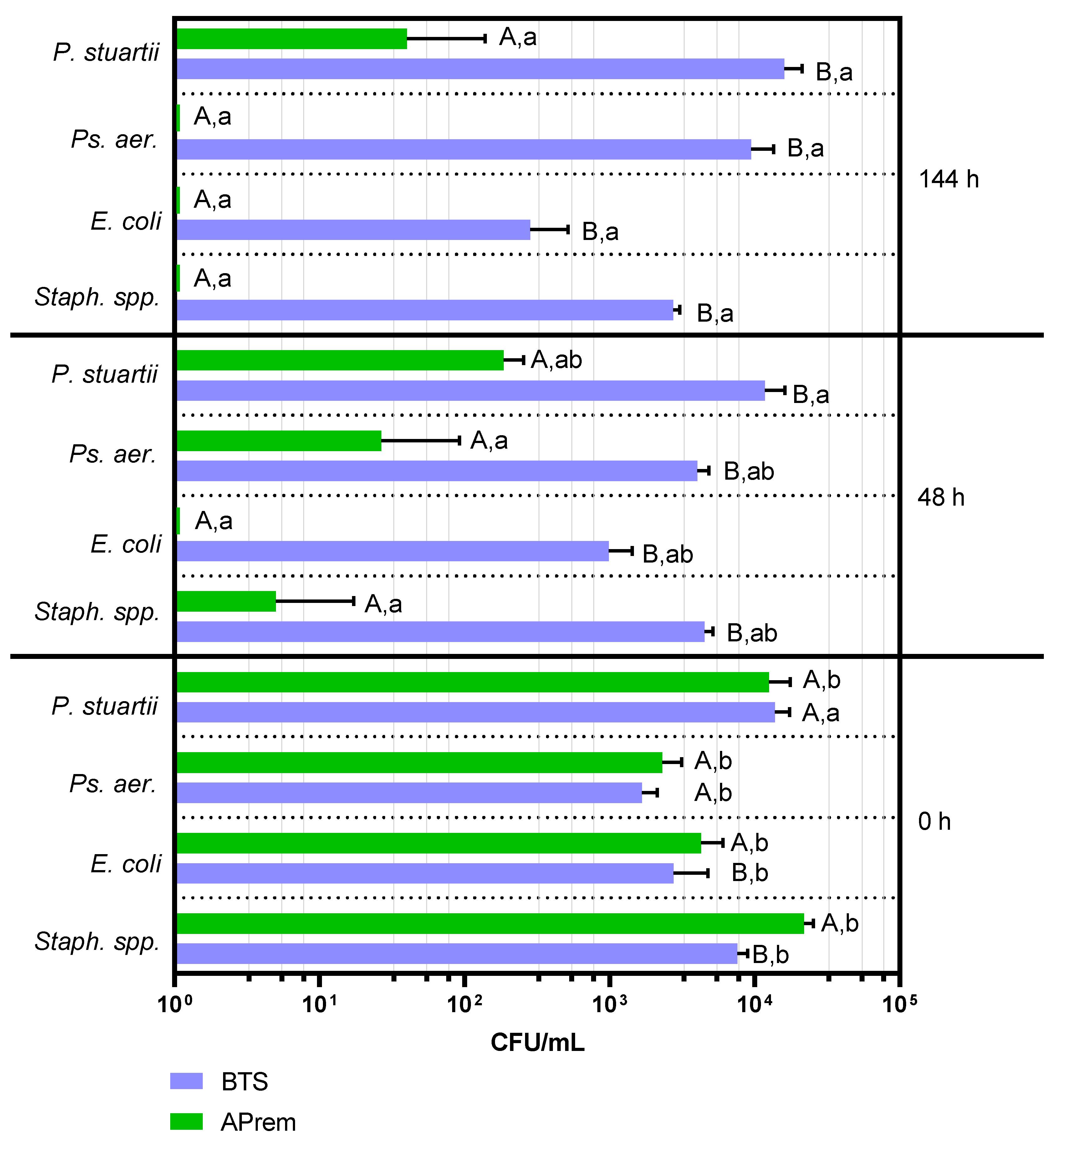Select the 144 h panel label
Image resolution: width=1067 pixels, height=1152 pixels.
click(x=949, y=180)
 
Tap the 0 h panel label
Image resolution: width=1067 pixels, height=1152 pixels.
click(x=934, y=821)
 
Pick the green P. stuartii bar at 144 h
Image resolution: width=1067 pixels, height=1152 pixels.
click(x=292, y=39)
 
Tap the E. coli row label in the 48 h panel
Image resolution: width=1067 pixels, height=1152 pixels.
click(x=126, y=544)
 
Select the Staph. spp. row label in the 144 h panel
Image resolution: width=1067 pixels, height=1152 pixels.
click(x=97, y=297)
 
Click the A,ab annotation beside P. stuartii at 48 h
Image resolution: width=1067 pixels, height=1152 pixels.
click(x=556, y=360)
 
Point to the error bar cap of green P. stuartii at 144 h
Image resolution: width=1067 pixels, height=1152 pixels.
click(x=484, y=39)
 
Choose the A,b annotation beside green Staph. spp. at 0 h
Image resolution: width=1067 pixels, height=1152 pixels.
click(x=840, y=923)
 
